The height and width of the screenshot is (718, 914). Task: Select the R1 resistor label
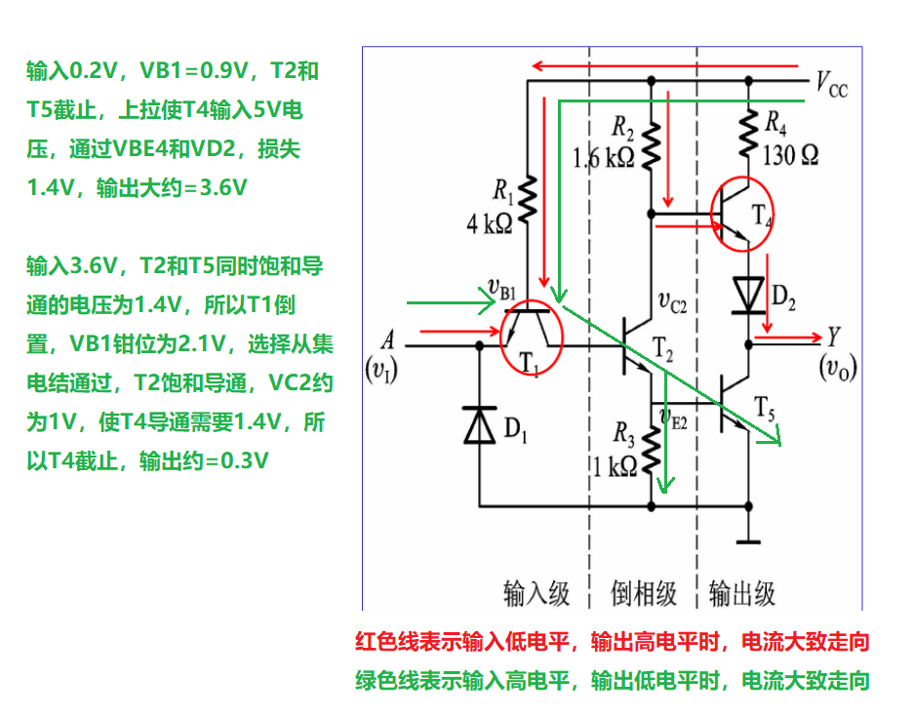[502, 188]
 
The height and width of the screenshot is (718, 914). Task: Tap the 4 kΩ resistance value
[490, 223]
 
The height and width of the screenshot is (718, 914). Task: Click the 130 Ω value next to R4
[790, 154]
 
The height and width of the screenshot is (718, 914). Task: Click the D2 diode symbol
[748, 294]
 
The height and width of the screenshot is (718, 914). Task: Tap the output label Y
[834, 338]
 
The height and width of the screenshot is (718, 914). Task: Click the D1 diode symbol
[480, 424]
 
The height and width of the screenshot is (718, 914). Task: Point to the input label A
[388, 340]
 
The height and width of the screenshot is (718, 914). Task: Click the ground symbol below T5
[748, 539]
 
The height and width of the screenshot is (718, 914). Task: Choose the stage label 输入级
[536, 592]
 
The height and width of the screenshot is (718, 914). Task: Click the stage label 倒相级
[644, 592]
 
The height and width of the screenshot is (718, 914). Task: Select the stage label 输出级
[742, 592]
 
